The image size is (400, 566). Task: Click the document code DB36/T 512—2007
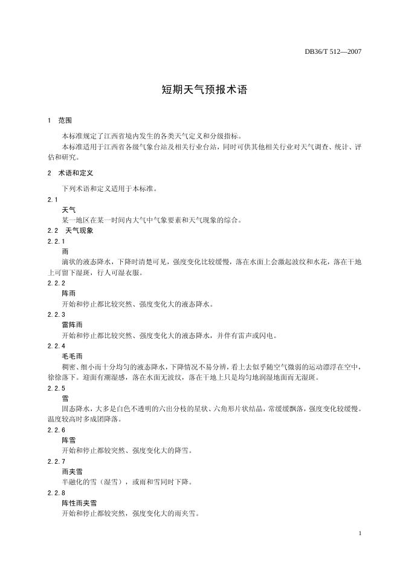(x=333, y=52)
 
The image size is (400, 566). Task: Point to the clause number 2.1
(x=52, y=200)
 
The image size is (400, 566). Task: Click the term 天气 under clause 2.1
(x=69, y=210)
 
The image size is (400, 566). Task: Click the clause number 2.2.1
(x=56, y=241)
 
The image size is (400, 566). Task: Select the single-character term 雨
(x=65, y=252)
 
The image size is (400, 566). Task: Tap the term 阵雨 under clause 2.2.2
(x=69, y=293)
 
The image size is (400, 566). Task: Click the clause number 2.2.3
(x=56, y=314)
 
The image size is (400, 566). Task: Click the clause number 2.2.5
(x=56, y=388)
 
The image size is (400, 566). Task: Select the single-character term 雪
(x=65, y=398)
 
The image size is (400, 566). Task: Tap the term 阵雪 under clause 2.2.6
(x=69, y=440)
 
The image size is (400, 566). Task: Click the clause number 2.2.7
(x=56, y=461)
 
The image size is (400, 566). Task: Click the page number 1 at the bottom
(x=360, y=533)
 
